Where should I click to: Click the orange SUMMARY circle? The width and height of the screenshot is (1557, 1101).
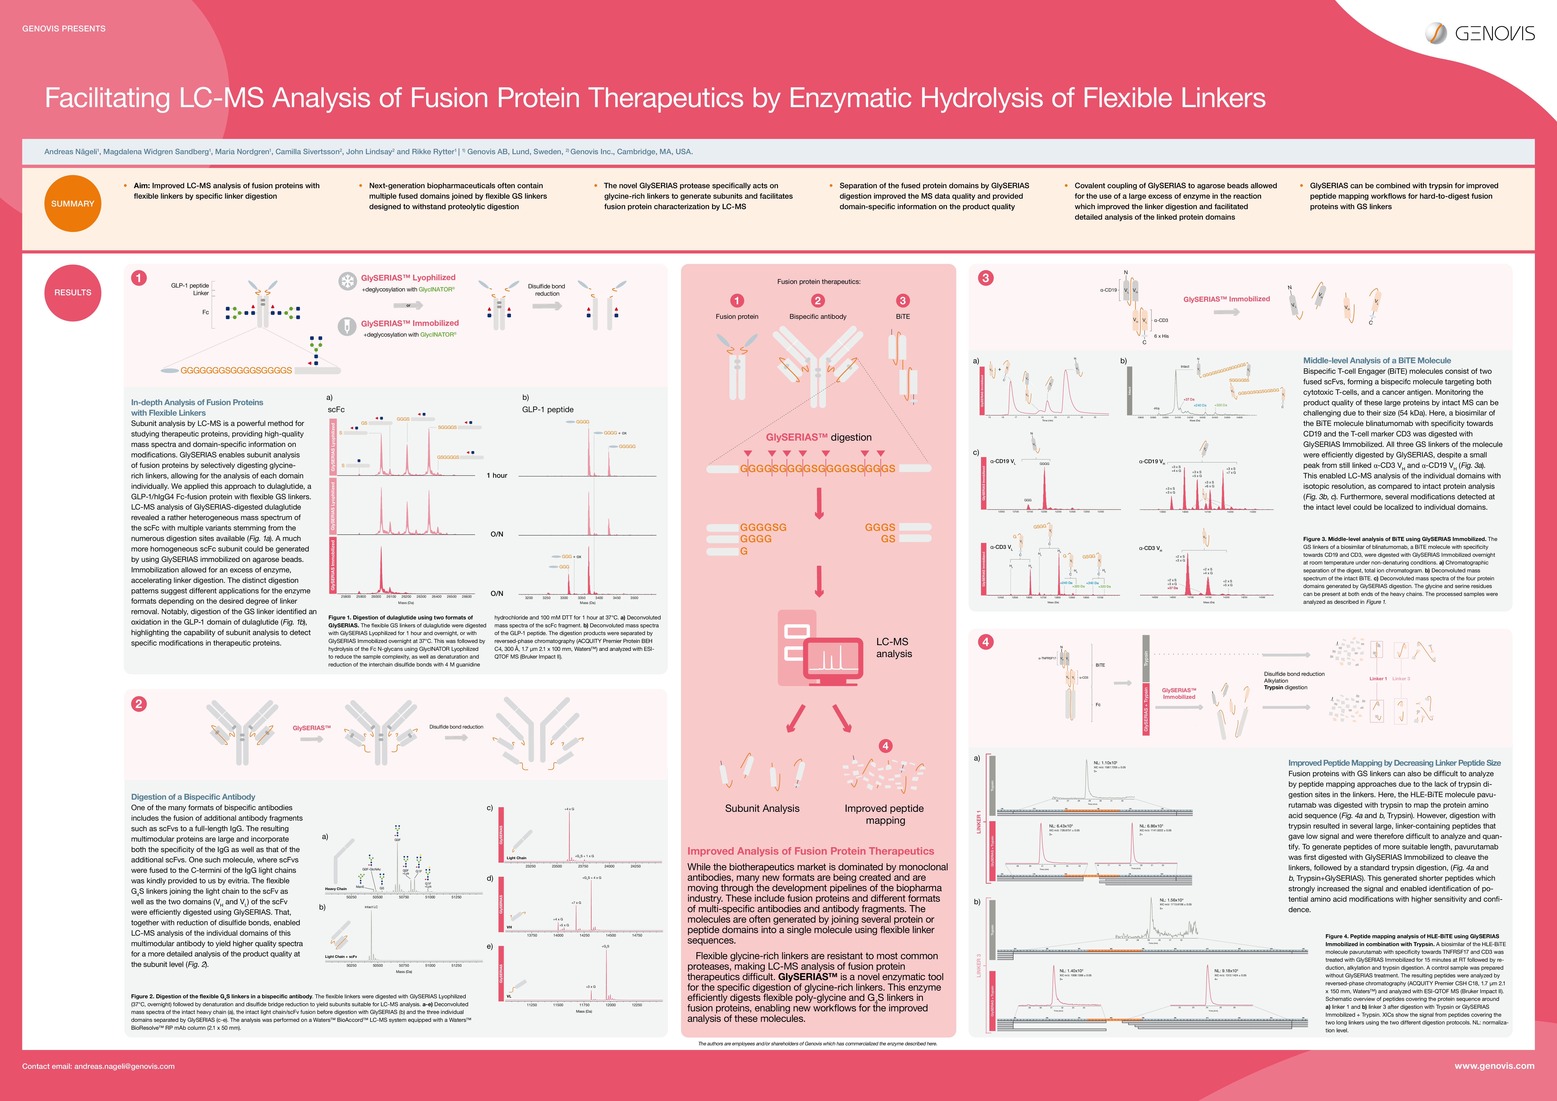[x=73, y=204]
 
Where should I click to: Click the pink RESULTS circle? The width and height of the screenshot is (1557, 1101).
[x=73, y=292]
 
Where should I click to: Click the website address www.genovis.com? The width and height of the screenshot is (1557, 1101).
[x=1494, y=1066]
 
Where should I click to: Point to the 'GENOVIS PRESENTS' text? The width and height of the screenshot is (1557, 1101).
[x=64, y=28]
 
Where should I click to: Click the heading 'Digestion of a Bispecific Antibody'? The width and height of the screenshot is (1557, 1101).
[x=193, y=797]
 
